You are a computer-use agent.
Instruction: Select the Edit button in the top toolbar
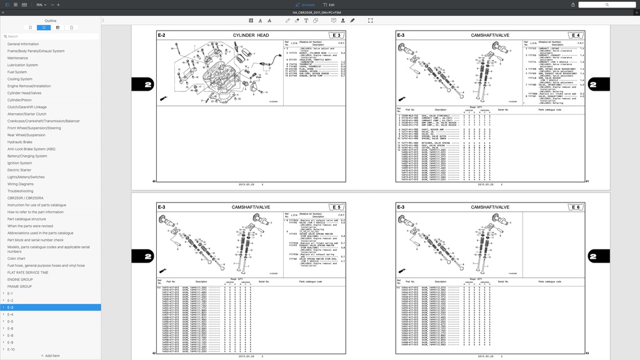click(x=329, y=4)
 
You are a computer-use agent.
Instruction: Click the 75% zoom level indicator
click(x=39, y=4)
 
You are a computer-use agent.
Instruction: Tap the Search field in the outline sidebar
click(x=50, y=36)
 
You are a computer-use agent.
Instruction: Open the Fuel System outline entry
click(x=17, y=72)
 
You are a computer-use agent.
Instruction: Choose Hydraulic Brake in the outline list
click(x=19, y=142)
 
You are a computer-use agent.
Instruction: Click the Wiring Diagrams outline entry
click(x=21, y=184)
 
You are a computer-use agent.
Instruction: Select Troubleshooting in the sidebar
click(x=20, y=191)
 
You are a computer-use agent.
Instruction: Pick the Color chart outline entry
click(x=16, y=258)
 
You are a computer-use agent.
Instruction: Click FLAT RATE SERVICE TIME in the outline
click(x=27, y=272)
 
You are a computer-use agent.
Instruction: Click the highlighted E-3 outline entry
click(x=11, y=307)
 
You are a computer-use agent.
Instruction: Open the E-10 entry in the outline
click(x=11, y=349)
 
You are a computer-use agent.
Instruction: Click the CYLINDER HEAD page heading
click(x=251, y=36)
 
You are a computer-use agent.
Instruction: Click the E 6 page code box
click(x=575, y=207)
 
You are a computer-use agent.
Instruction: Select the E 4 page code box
click(x=575, y=36)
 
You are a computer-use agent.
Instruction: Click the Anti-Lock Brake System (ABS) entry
click(x=31, y=149)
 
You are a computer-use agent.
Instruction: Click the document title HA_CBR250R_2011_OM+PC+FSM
click(x=319, y=12)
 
